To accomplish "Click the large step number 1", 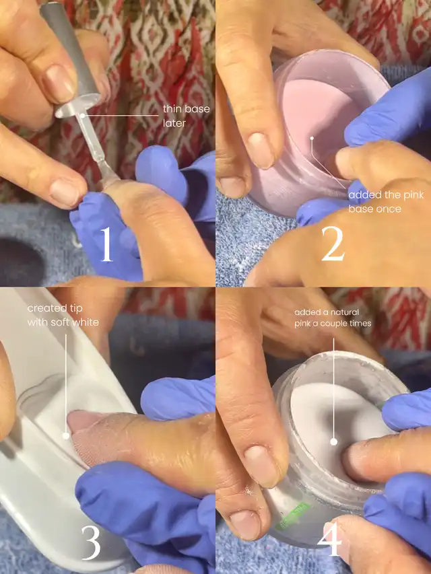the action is tap(106, 244).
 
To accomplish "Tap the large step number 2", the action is tap(333, 244).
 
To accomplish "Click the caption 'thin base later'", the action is tap(186, 116).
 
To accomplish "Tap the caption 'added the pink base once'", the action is tap(386, 202).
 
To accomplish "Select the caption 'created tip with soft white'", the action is tap(63, 315).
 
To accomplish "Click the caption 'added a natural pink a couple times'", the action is tap(333, 318).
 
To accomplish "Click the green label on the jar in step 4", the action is tap(293, 516).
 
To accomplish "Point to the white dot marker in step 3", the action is tap(66, 435).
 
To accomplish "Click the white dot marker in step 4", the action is tap(333, 442).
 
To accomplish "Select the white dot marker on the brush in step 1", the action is tap(82, 116).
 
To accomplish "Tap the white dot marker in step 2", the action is tap(312, 139).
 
